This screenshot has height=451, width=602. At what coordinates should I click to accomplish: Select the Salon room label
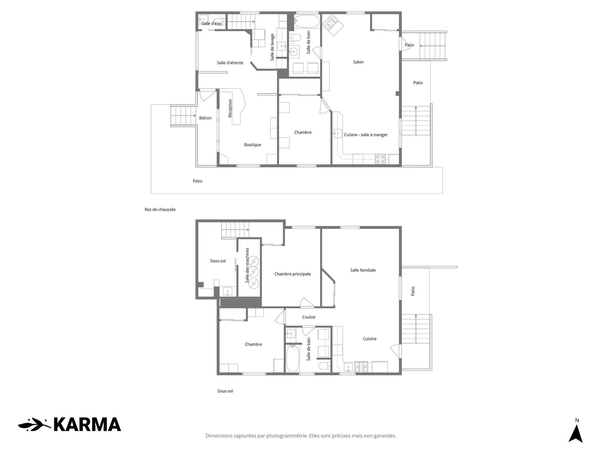pos(358,62)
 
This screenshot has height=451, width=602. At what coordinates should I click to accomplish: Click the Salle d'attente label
pos(230,63)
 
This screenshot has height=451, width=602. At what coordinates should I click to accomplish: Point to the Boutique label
pos(253,145)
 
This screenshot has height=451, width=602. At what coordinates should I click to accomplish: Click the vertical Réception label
pos(230,108)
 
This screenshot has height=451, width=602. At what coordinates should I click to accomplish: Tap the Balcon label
pos(205,118)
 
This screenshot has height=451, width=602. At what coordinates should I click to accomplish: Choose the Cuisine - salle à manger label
pos(366,135)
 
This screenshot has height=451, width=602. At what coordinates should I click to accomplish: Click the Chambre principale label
pos(293,274)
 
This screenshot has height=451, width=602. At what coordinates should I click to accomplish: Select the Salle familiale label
pos(363,270)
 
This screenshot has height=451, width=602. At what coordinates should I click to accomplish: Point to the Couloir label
pos(309,317)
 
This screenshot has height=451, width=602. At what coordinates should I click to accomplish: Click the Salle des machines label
pos(247,265)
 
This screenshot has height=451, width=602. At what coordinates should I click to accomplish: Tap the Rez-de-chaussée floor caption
pos(160,210)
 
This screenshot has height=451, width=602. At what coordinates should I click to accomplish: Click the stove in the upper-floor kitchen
pos(380,159)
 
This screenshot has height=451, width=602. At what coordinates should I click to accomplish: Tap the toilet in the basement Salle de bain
pos(324,365)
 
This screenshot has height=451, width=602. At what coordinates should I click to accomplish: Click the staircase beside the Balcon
pos(183,116)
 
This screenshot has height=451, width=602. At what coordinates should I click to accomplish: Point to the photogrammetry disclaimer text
pos(301,436)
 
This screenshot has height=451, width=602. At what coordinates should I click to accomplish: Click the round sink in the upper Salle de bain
pos(294,51)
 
